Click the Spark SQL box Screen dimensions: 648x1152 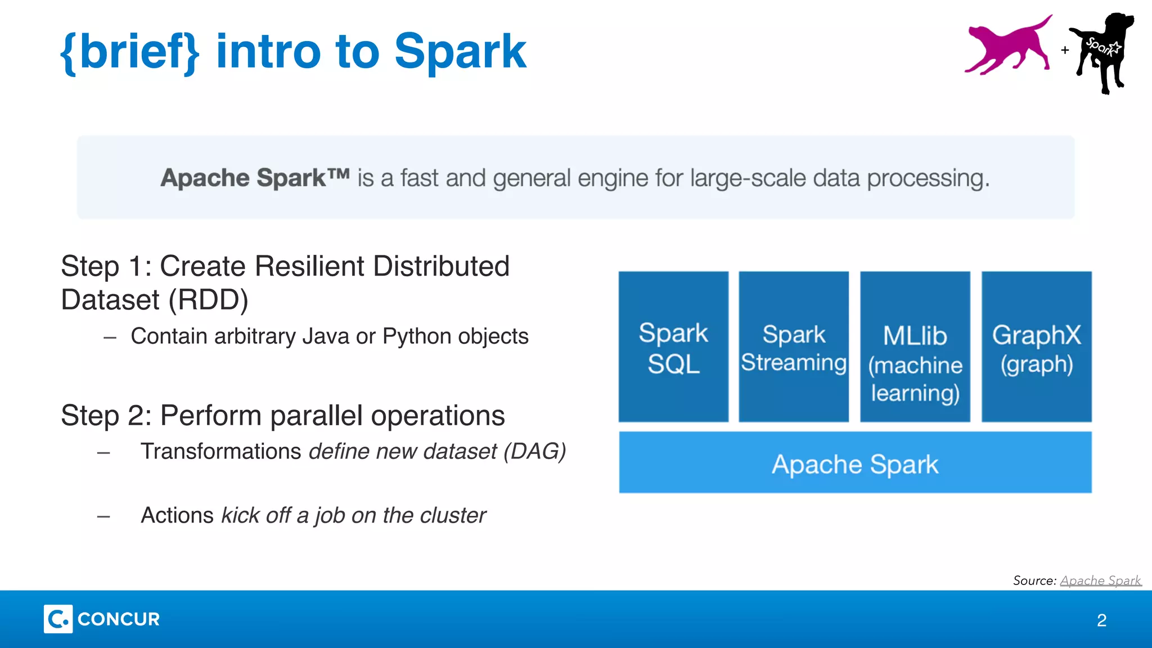[673, 347]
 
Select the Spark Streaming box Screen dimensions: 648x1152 [793, 347]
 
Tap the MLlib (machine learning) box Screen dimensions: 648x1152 [915, 347]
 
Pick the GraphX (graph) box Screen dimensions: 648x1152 [1036, 347]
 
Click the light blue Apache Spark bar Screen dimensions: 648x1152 [855, 463]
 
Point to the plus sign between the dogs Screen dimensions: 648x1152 [1065, 50]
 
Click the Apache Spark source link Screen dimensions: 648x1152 [1100, 580]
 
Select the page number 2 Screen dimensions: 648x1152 [1101, 620]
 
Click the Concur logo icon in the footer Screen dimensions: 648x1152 [58, 619]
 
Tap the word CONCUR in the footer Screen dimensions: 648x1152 [119, 619]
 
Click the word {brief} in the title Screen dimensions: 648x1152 [130, 52]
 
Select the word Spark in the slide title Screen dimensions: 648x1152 [460, 52]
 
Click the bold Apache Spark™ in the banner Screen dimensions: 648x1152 [255, 178]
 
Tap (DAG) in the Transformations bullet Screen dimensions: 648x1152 [534, 451]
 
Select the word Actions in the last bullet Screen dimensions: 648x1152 [177, 515]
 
